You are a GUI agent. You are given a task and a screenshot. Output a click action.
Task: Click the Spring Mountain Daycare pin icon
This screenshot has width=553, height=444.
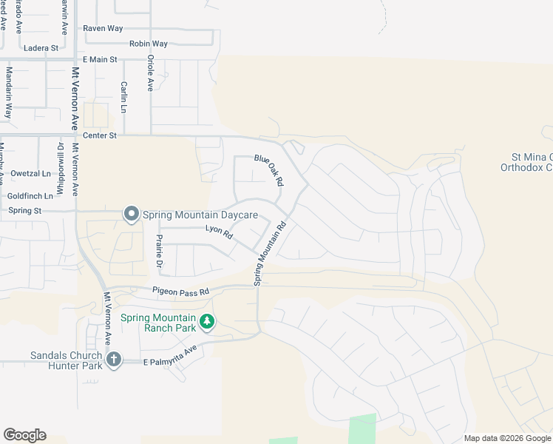point(132,215)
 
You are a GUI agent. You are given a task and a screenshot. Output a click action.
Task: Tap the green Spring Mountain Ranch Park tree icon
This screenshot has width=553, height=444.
point(208,322)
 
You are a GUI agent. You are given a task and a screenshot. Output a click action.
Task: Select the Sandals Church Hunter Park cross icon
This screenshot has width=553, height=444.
point(113,360)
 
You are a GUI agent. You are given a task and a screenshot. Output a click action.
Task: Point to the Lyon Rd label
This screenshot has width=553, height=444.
point(219,232)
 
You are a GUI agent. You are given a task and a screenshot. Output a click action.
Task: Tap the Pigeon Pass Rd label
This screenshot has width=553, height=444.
point(181,292)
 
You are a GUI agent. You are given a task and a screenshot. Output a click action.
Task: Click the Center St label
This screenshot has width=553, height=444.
point(100,135)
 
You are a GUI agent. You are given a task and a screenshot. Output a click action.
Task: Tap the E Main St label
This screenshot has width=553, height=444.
point(100,59)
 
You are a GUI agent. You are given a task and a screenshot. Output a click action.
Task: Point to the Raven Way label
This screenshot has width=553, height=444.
point(103,28)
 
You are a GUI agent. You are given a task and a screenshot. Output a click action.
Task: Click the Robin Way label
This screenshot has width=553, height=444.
point(149,44)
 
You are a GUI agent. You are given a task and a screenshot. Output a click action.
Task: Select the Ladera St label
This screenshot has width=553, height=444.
point(41,48)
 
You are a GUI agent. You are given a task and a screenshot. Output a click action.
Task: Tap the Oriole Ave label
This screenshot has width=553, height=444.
point(150,73)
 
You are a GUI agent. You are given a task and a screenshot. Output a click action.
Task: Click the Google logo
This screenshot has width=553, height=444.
point(24,435)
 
